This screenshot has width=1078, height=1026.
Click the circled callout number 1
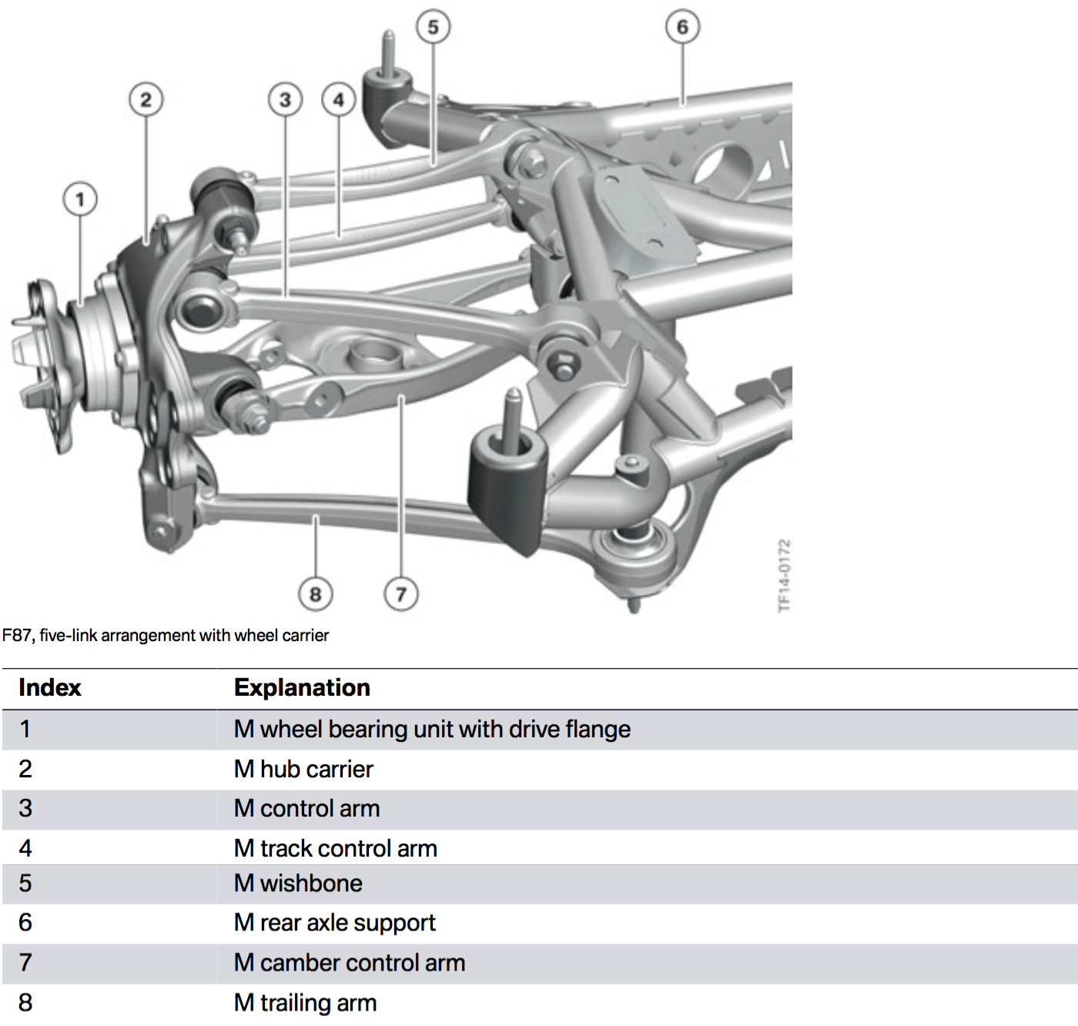click(x=80, y=199)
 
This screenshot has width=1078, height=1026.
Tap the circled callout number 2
click(x=146, y=99)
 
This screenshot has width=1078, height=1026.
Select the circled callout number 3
click(x=285, y=99)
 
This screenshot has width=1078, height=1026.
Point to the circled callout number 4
click(x=339, y=99)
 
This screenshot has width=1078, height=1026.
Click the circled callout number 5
click(x=433, y=27)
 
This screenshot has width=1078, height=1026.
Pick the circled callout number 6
click(x=682, y=27)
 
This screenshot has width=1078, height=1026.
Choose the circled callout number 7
click(x=400, y=594)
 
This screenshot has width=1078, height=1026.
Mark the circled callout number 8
click(x=315, y=594)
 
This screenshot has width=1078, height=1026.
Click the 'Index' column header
click(x=50, y=687)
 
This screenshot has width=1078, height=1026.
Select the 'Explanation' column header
click(x=302, y=687)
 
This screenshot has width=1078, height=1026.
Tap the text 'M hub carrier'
click(x=303, y=769)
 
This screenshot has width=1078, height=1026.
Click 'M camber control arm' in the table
click(x=350, y=963)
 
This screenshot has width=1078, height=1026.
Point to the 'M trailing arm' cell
click(x=305, y=1003)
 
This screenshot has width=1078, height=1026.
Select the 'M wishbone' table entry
click(x=298, y=883)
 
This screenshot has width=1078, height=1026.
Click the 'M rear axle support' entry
click(x=335, y=922)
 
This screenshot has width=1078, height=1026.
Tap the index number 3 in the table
click(x=25, y=808)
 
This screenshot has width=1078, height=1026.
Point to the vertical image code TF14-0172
click(x=784, y=576)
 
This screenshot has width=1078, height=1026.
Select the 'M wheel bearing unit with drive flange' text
click(x=432, y=729)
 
